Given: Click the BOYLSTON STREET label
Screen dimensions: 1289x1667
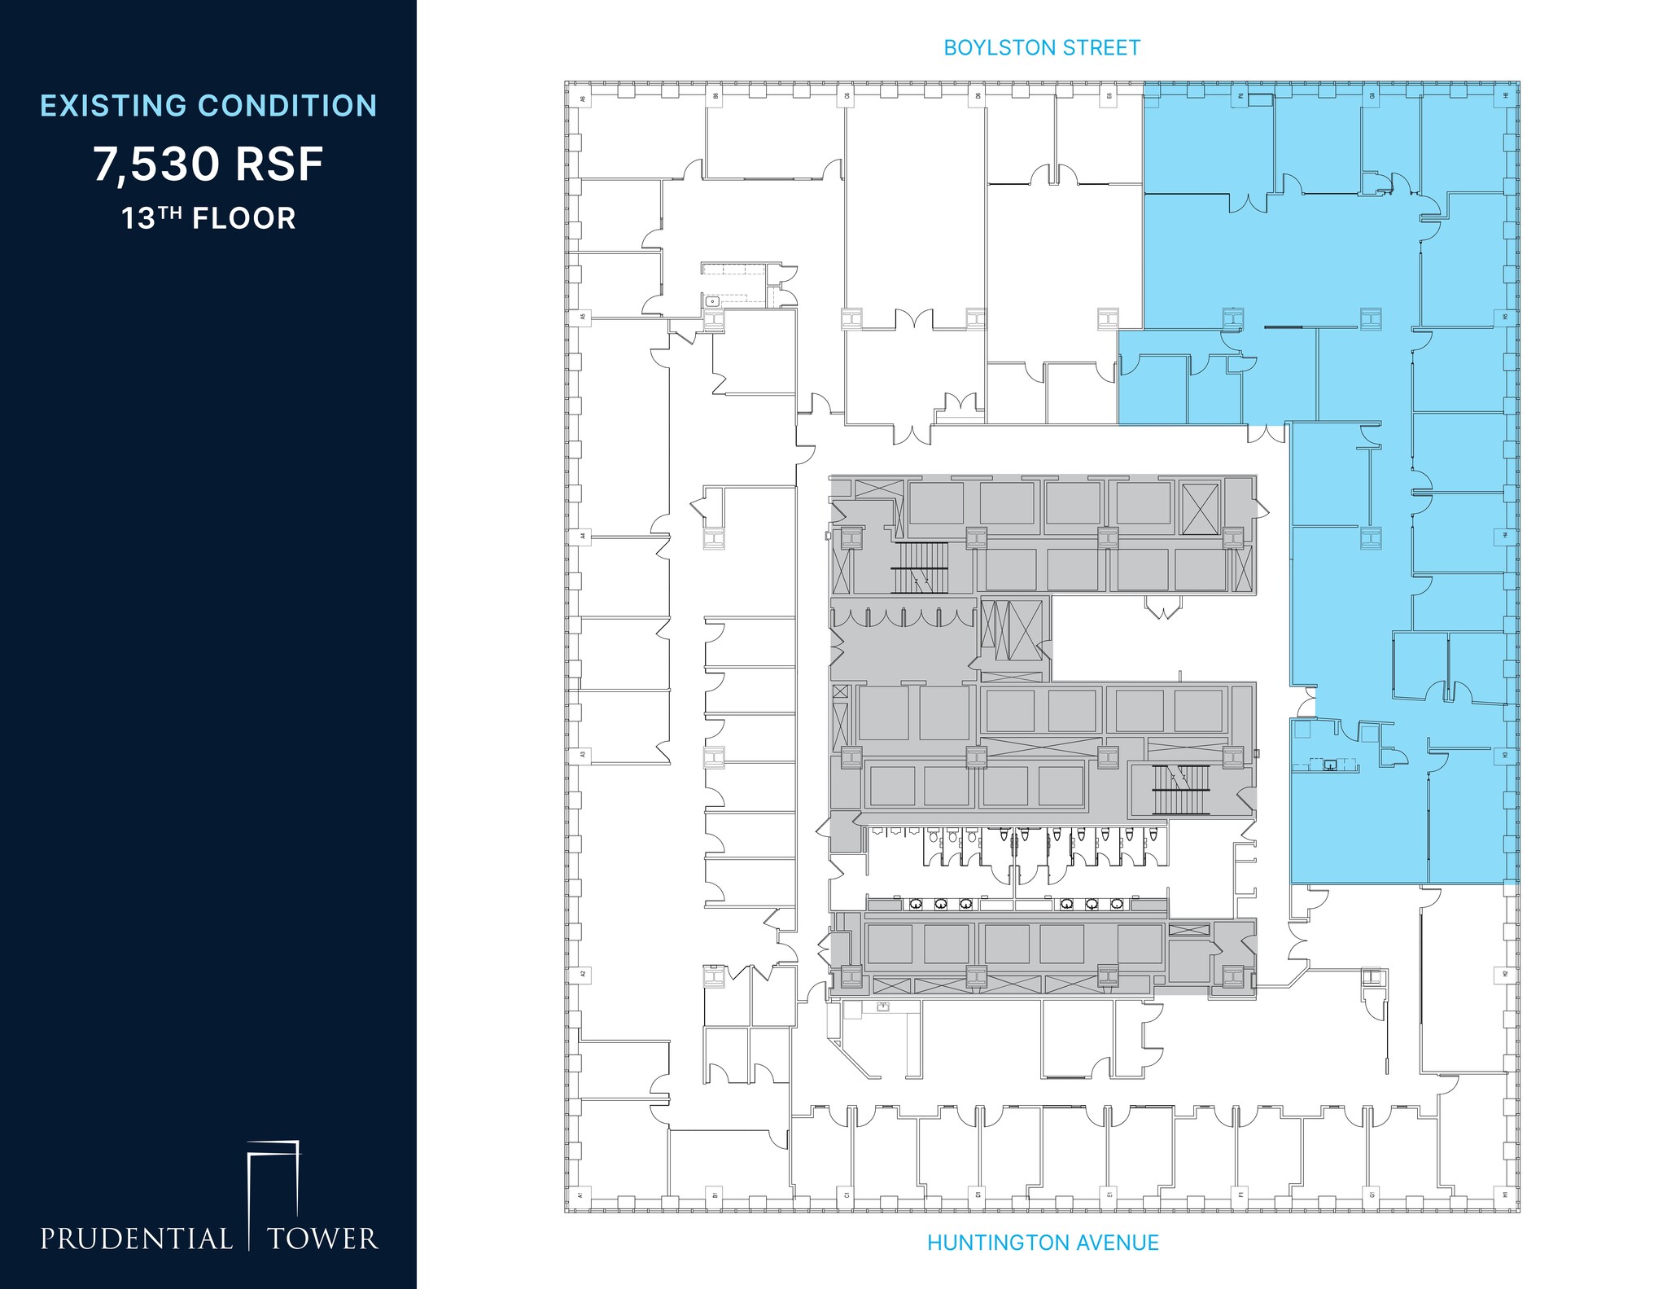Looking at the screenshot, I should [x=1042, y=48].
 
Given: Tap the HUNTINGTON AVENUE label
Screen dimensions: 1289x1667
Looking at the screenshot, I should [x=1043, y=1243].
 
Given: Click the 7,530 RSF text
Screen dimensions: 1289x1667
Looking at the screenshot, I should [x=208, y=164].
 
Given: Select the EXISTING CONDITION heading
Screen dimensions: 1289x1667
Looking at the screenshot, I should [x=208, y=106].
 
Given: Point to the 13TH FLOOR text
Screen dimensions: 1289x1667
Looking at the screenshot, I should [x=208, y=219].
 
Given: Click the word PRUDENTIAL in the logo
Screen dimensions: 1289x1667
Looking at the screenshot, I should [x=137, y=1239].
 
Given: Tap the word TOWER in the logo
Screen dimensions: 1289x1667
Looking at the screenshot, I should [x=323, y=1239].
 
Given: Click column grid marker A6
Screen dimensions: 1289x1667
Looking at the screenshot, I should [x=582, y=99].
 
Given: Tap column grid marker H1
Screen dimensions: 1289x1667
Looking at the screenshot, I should [x=1505, y=1195].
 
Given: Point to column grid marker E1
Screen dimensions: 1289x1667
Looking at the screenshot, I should [x=1109, y=1195].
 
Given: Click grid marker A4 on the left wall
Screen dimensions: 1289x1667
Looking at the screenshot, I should [x=582, y=536].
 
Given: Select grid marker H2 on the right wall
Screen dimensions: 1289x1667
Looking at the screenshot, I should [x=1505, y=974].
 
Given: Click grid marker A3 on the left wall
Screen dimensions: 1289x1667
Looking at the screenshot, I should [x=582, y=755].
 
